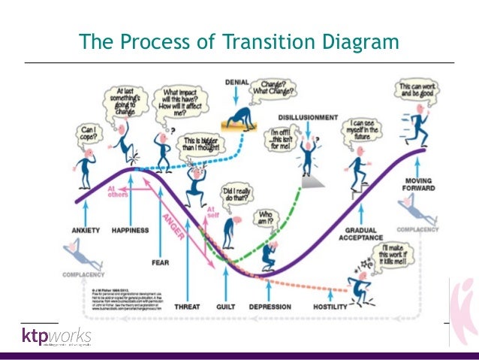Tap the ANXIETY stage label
[86, 229]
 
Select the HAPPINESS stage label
[132, 229]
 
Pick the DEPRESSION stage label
[270, 307]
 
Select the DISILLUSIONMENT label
[307, 118]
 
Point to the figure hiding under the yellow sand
[237, 114]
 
